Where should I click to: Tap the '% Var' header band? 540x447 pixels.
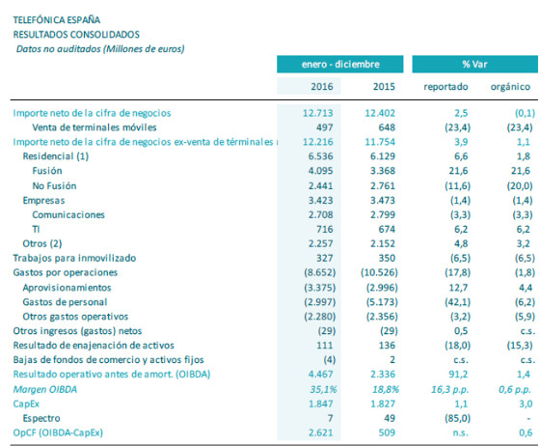(472, 64)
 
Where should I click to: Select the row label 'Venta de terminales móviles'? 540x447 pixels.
(95, 126)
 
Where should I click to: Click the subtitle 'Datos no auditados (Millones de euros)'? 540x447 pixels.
(100, 47)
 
